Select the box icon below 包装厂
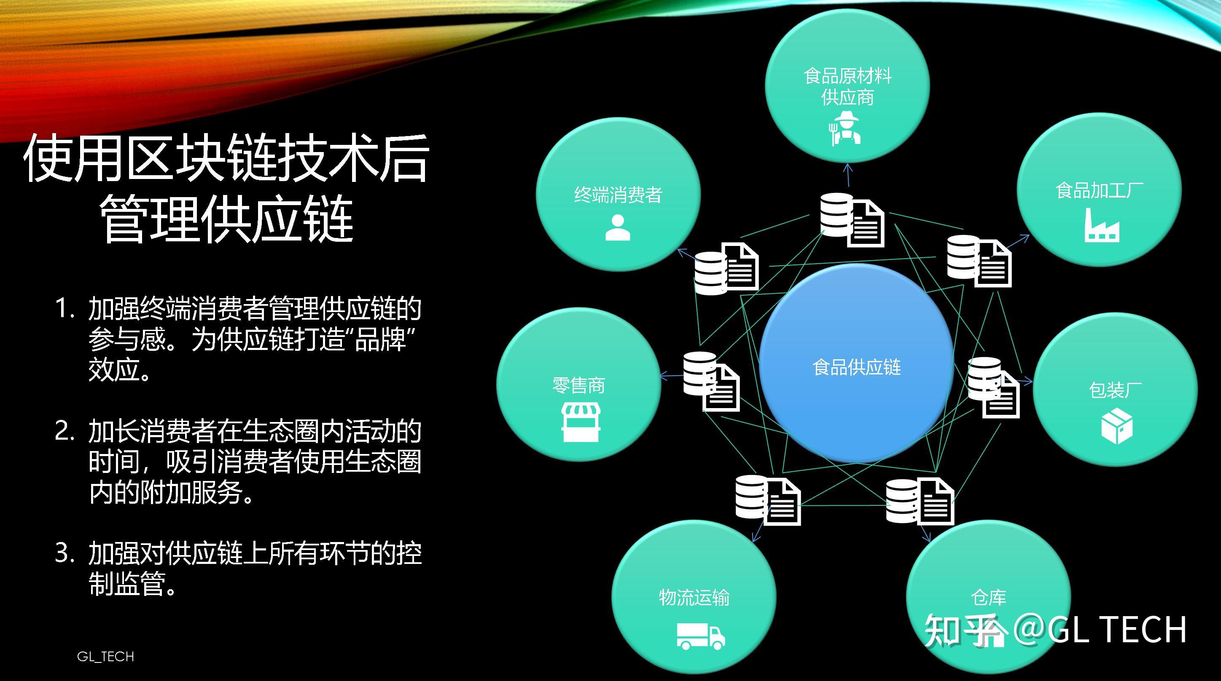1117,426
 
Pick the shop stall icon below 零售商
581,422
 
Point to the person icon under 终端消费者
618,228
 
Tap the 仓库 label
989,598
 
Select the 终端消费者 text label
618,195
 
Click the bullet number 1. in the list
65,309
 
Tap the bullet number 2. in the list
65,431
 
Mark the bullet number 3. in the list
65,553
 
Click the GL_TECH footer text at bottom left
105,657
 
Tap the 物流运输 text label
694,598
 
